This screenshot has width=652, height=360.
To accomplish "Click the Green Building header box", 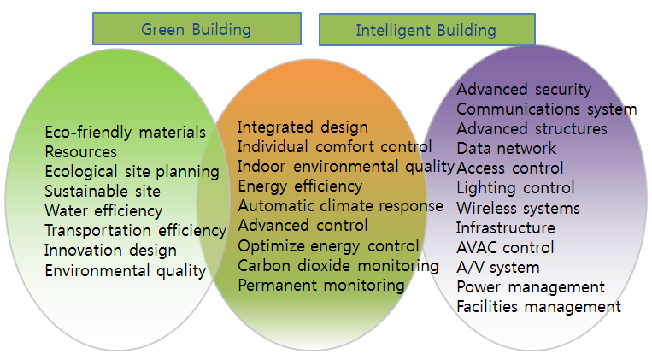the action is [197, 29].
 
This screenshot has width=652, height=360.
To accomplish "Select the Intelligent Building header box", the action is [427, 30].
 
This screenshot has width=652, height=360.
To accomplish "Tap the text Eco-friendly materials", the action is [125, 133].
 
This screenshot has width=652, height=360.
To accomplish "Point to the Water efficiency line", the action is [103, 211].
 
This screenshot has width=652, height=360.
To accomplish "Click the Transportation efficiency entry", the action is [136, 231].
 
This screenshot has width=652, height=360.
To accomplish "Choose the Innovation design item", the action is [110, 251].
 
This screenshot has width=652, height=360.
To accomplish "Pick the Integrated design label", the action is [303, 127].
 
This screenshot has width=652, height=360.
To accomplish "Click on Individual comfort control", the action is [335, 146].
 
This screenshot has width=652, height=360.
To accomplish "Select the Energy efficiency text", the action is [300, 186].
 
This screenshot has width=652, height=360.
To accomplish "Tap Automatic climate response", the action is [341, 206].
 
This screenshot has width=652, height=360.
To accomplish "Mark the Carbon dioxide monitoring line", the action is [338, 266].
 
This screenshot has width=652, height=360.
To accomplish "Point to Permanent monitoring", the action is [321, 286].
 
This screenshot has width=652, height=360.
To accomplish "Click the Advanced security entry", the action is [524, 90].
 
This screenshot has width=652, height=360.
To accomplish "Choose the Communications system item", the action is [547, 109].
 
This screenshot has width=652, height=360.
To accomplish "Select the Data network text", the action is [507, 148].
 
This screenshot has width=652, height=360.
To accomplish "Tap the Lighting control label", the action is [515, 188].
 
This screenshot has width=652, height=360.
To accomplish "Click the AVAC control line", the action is [505, 248].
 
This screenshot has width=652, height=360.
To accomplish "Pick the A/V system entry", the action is [498, 267].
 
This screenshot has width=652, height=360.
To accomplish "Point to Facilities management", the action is [539, 307].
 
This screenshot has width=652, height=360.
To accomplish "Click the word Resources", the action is [81, 152].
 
